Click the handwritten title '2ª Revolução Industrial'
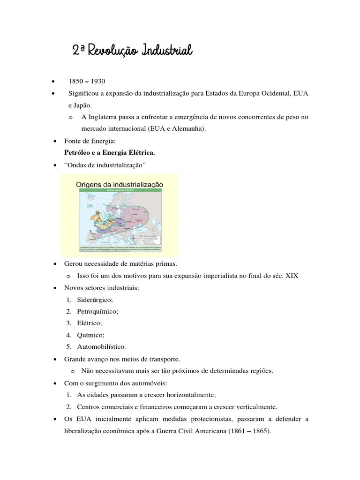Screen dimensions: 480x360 click(x=133, y=50)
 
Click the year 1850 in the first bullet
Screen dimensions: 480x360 click(x=76, y=81)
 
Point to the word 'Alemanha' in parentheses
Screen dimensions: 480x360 click(x=190, y=128)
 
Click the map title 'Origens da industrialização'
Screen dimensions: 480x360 click(x=120, y=185)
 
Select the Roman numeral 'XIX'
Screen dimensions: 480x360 click(x=292, y=276)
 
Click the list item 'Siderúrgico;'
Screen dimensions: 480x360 click(x=95, y=299)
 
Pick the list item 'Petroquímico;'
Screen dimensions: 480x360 click(x=97, y=311)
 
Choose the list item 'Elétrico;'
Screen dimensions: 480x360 click(x=90, y=323)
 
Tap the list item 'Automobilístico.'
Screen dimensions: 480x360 click(x=102, y=347)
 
